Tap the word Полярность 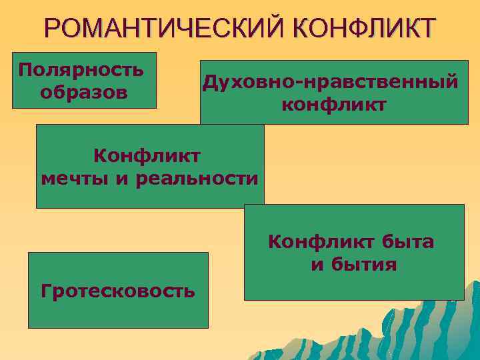click(81, 70)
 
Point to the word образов click(84, 91)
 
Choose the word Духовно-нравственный click(331, 82)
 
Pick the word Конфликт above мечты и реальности click(147, 157)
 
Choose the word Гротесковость click(118, 291)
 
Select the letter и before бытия click(317, 265)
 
